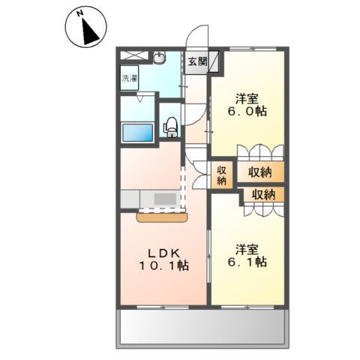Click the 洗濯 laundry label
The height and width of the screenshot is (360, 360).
[129, 78]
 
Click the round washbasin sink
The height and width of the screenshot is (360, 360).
[160, 57]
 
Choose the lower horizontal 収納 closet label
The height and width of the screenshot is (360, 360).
[263, 194]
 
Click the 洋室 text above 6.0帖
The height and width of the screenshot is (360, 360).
[247, 97]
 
